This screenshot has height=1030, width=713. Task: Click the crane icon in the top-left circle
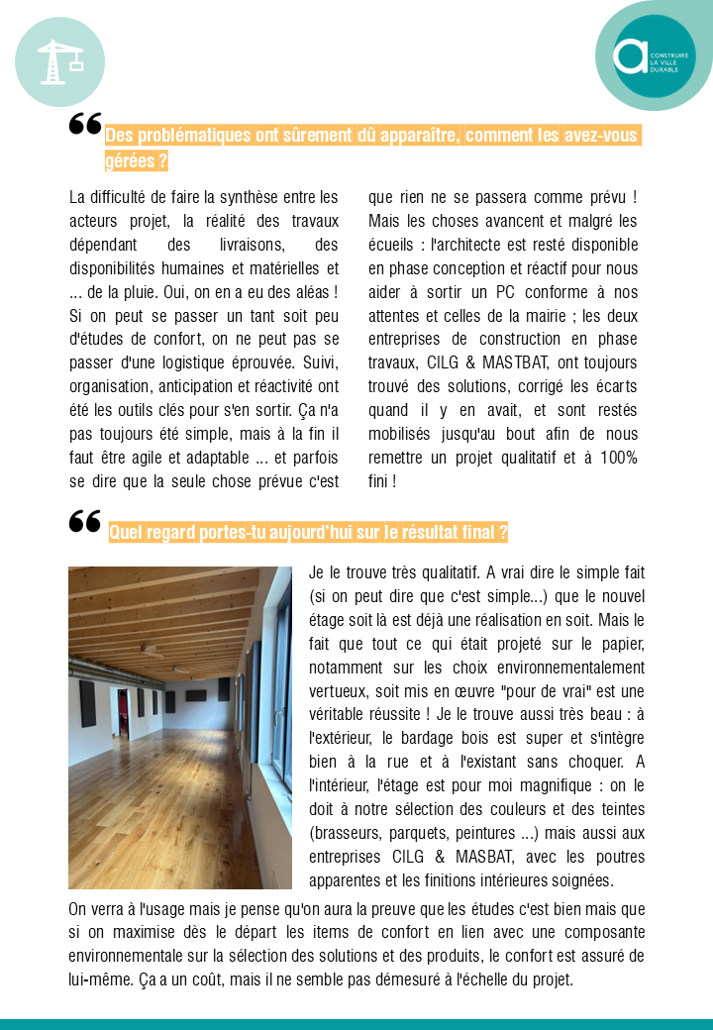pyautogui.click(x=58, y=61)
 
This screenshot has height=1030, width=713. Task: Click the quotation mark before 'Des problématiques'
pyautogui.click(x=85, y=125)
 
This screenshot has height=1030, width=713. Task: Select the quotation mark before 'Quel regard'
pyautogui.click(x=85, y=522)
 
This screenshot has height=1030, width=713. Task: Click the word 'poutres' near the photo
pyautogui.click(x=619, y=857)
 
